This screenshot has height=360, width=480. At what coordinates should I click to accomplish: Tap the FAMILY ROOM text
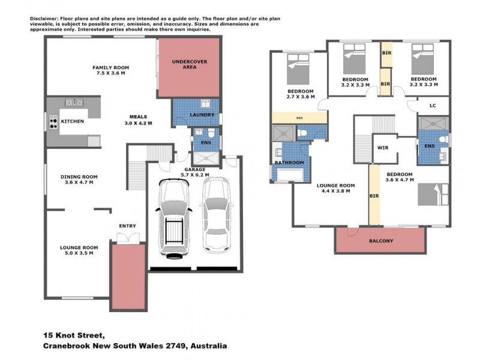111,68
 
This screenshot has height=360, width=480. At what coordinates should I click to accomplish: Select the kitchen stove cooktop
53,122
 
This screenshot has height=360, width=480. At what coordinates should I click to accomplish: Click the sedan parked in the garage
216,215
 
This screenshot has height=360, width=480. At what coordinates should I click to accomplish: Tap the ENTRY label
127,226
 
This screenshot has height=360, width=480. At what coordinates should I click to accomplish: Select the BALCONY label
381,241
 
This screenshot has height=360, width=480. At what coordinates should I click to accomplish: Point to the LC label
432,106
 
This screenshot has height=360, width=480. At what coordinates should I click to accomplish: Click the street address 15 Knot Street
74,335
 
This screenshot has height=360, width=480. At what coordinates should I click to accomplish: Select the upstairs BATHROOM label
289,163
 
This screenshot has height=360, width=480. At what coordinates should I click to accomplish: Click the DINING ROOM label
79,177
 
